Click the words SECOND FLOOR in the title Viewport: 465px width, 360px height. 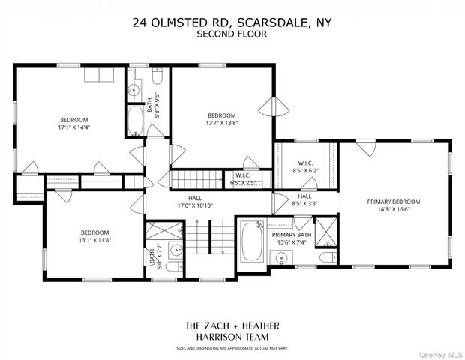tap(232, 34)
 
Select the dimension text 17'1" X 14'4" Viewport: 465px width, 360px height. tap(74, 128)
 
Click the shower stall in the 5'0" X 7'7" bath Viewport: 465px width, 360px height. tap(160, 231)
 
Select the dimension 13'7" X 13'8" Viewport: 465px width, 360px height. tap(222, 124)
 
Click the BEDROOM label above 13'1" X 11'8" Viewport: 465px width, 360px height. tap(95, 232)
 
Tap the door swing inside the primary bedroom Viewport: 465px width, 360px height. tap(364, 149)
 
